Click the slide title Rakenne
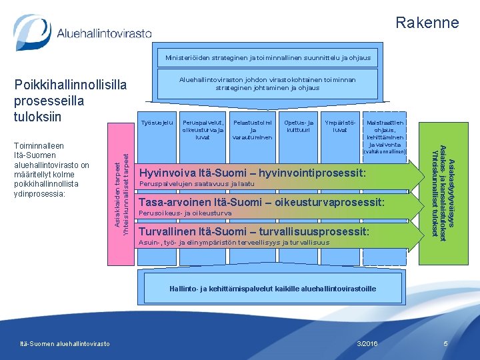[427, 23]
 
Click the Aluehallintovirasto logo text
[104, 33]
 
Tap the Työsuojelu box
[158, 123]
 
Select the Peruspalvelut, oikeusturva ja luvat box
[203, 130]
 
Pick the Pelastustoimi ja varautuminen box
[252, 130]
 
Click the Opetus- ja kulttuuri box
[298, 127]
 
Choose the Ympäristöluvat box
[339, 127]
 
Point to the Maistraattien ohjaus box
[386, 133]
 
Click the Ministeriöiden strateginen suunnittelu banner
[267, 58]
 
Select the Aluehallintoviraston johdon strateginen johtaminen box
[267, 83]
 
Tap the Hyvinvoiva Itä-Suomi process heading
[252, 173]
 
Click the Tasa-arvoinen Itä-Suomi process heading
[261, 202]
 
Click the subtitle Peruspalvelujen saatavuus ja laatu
[197, 184]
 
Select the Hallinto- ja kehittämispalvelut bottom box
[271, 289]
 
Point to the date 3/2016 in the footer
[367, 343]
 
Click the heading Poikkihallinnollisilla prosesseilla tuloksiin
[70, 101]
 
